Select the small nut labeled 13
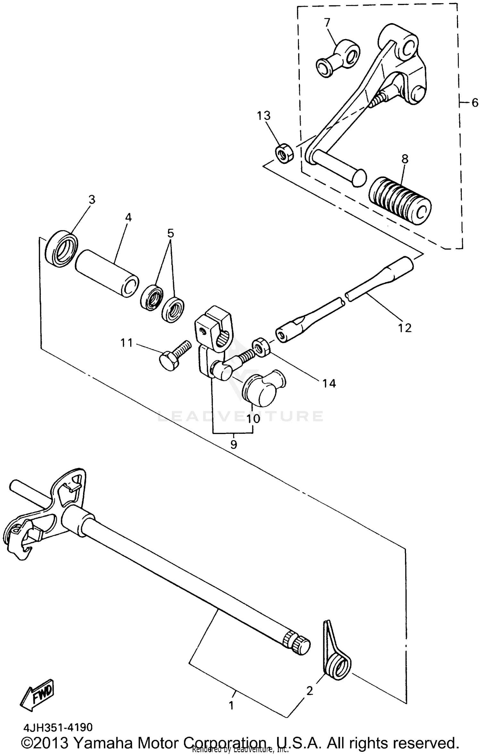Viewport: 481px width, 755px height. pyautogui.click(x=284, y=154)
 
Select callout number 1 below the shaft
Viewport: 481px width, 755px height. pyautogui.click(x=231, y=706)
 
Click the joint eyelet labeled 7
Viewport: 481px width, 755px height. pyautogui.click(x=338, y=58)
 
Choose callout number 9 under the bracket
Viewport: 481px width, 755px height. pyautogui.click(x=234, y=444)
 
